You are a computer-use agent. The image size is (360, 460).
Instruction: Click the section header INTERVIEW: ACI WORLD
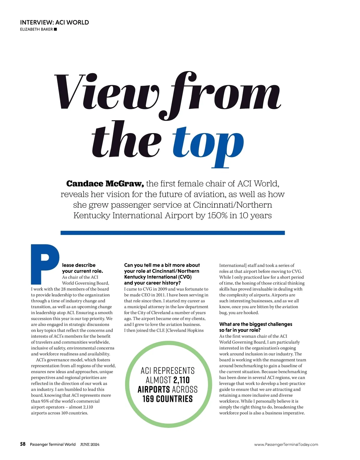tap(54, 22)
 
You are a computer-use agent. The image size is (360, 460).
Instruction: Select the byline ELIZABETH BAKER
tap(36, 29)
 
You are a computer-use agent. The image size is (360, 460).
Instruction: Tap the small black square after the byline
tap(55, 29)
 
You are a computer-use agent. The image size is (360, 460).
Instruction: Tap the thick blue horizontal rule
tap(172, 233)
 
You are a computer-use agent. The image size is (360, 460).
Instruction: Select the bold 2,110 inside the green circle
tap(181, 380)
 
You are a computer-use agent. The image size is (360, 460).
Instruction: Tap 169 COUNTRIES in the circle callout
tap(167, 399)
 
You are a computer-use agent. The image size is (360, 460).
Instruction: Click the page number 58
tap(23, 444)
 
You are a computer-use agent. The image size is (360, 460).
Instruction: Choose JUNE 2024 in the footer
tap(90, 444)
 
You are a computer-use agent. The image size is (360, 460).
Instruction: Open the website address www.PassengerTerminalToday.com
tap(286, 444)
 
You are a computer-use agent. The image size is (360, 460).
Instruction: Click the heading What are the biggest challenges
tap(255, 324)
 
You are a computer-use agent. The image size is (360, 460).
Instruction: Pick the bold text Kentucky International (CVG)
tap(158, 277)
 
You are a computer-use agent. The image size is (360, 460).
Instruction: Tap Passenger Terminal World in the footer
tap(53, 444)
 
